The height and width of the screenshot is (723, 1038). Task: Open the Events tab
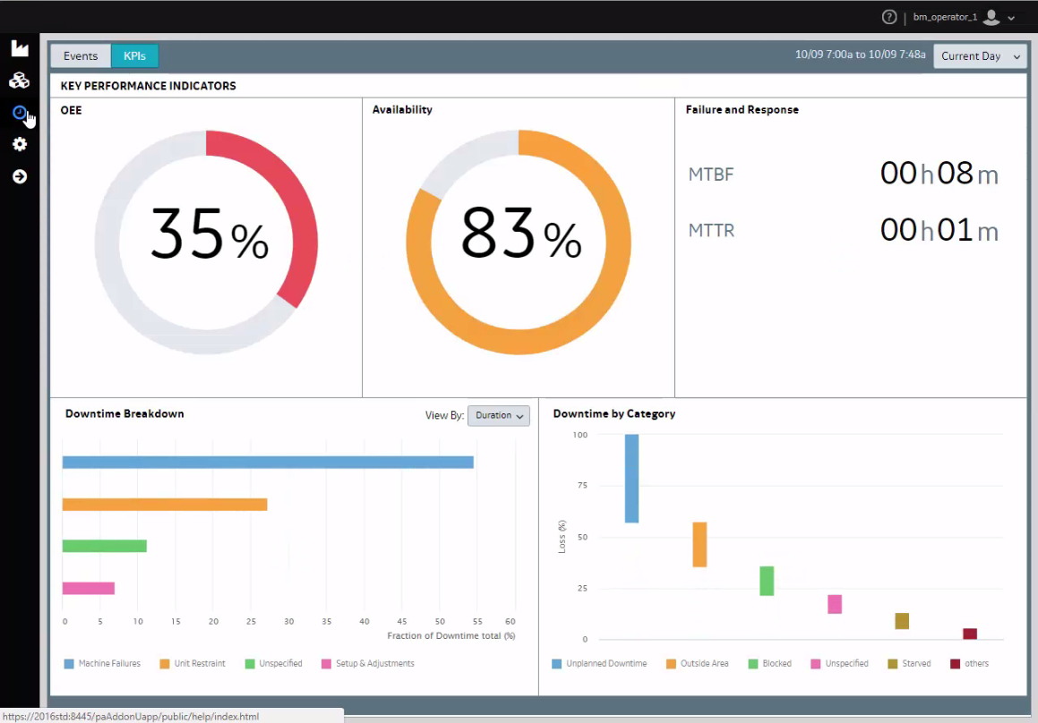point(81,56)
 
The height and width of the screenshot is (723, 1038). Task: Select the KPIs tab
point(134,56)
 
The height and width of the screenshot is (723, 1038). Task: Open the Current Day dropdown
point(980,56)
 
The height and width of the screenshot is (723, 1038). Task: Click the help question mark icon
point(889,17)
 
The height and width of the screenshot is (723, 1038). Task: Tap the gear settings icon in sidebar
point(20,144)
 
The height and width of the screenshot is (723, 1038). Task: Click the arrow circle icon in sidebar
point(20,176)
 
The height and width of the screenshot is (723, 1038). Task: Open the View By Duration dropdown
point(499,415)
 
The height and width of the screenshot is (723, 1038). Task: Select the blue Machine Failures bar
point(268,463)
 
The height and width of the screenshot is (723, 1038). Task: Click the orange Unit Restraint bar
point(165,505)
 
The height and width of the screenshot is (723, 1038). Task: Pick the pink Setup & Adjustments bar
point(88,588)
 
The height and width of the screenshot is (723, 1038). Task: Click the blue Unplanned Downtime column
point(631,478)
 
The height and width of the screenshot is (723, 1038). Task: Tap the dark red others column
point(970,634)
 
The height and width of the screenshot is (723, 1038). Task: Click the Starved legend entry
point(909,663)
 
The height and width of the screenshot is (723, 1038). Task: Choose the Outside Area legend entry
point(697,663)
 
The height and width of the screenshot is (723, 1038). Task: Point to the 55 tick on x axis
point(477,621)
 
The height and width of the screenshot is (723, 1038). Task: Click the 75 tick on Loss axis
point(582,486)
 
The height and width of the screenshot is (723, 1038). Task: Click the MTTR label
point(711,230)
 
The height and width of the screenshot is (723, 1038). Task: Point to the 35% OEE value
point(210,234)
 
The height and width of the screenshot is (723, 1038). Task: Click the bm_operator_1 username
point(945,17)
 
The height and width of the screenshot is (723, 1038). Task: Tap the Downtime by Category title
point(613,414)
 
